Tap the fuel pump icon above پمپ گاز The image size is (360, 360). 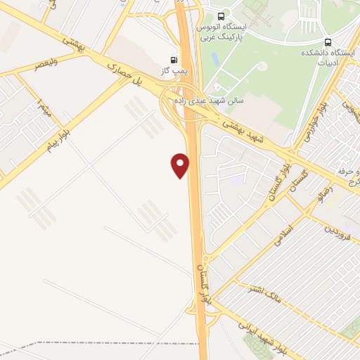point(174,60)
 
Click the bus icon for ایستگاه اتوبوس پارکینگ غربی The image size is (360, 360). point(221,15)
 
